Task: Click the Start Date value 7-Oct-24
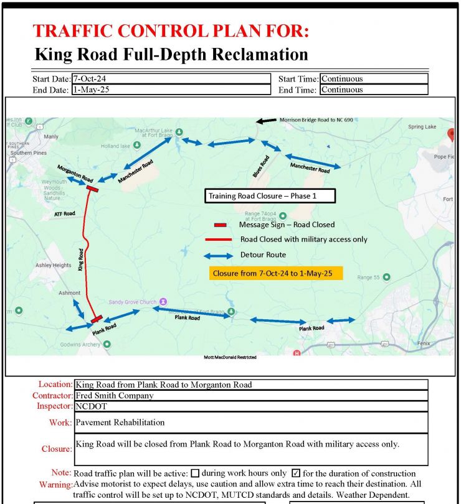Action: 87,79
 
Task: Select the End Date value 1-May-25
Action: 87,90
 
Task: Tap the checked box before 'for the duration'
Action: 297,474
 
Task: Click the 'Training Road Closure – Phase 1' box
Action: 270,196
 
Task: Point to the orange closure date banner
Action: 276,273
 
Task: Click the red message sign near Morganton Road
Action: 92,189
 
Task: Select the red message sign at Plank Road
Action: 96,319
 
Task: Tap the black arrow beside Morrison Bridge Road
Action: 266,121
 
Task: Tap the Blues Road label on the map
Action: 262,166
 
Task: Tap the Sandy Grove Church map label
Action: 133,302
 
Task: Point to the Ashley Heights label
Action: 53,265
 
